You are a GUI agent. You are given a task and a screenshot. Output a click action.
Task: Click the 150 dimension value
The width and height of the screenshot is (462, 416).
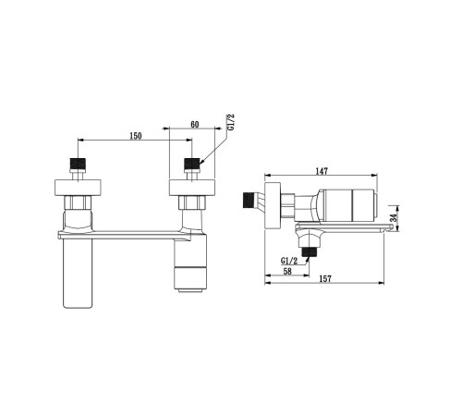click(x=136, y=136)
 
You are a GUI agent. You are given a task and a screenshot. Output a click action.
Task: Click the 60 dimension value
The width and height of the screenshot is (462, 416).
click(x=195, y=124)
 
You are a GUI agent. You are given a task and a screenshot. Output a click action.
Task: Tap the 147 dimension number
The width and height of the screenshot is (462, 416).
click(x=322, y=171)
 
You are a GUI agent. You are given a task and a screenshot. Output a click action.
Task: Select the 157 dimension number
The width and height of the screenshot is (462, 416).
click(x=325, y=278)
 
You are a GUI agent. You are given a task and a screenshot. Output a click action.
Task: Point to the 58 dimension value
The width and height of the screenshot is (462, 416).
click(x=287, y=271)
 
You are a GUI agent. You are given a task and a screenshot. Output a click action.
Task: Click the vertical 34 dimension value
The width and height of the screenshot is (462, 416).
click(x=394, y=218)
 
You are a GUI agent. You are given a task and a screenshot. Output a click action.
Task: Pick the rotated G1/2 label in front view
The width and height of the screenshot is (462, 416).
click(x=231, y=122)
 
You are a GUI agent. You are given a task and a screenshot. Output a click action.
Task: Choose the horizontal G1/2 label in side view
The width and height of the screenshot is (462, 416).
click(x=289, y=261)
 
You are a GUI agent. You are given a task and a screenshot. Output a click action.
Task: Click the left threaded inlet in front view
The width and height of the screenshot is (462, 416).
click(x=78, y=164)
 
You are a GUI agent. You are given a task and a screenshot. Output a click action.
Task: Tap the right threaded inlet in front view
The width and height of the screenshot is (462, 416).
click(x=192, y=164)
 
